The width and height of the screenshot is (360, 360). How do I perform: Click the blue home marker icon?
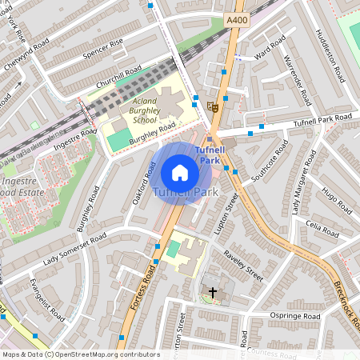tap(180, 173)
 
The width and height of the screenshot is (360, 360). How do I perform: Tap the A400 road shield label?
tap(236, 19)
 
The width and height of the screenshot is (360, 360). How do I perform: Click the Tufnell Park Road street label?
tap(322, 119)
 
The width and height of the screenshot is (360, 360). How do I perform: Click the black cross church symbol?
tap(212, 292)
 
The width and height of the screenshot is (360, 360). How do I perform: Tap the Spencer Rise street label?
tap(105, 48)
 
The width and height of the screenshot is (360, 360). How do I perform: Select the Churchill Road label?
tap(118, 81)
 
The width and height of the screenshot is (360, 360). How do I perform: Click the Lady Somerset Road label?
tap(74, 248)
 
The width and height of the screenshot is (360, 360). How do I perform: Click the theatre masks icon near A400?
tap(212, 105)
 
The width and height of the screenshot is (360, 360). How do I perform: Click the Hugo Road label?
tap(336, 200)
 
